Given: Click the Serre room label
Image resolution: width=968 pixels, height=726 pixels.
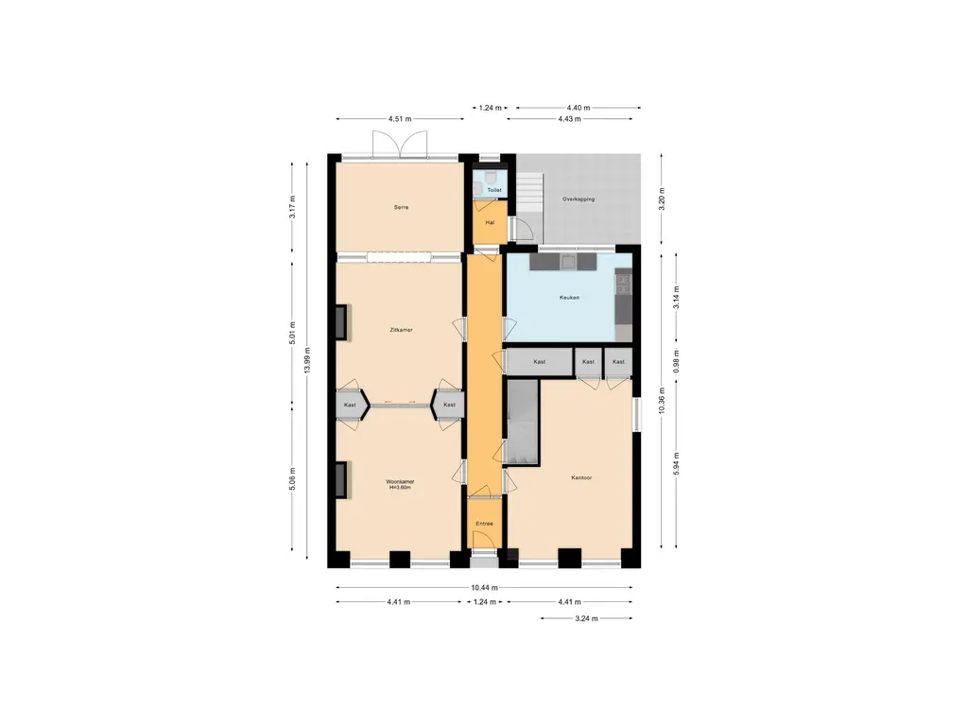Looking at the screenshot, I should click(400, 207).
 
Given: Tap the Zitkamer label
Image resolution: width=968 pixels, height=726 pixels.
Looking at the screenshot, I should click(400, 330).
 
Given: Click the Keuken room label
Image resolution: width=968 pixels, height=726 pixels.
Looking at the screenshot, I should click(568, 297).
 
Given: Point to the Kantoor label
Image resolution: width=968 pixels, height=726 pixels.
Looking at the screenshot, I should click(581, 477).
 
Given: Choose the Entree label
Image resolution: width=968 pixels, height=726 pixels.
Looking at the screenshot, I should click(484, 523).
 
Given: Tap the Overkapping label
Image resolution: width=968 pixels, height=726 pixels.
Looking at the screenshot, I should click(579, 199).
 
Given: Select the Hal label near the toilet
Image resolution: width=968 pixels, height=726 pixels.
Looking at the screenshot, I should click(489, 223).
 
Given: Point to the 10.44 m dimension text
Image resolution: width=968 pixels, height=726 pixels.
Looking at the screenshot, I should click(484, 587).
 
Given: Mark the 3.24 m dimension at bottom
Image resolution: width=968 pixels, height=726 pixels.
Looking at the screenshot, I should click(586, 618).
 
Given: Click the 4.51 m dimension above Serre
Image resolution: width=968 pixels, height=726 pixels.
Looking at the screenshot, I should click(400, 119).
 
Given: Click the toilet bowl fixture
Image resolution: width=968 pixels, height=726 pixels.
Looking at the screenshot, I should click(493, 178).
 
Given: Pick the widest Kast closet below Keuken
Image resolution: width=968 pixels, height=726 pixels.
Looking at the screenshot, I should click(539, 362).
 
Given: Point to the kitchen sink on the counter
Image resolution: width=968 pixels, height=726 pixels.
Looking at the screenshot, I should click(567, 261).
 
